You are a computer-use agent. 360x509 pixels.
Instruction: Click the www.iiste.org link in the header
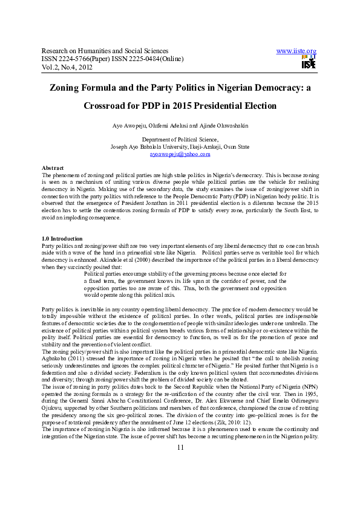pyautogui.click(x=296, y=51)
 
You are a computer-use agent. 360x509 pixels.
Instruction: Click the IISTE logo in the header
pyautogui.click(x=309, y=61)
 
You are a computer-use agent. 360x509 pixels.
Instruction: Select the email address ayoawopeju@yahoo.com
pyautogui.click(x=180, y=154)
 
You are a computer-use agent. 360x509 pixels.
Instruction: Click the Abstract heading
pyautogui.click(x=52, y=167)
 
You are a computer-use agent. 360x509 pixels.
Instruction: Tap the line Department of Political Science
pyautogui.click(x=180, y=139)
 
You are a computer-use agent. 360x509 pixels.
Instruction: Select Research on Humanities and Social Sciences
pyautogui.click(x=105, y=51)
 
